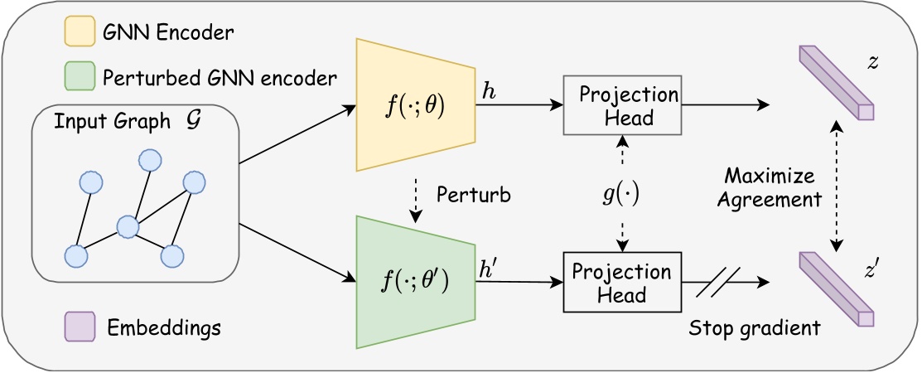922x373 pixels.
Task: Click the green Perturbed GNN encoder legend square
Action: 77,79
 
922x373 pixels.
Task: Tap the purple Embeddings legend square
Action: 77,327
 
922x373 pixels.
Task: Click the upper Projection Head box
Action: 621,105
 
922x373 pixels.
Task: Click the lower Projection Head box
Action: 621,283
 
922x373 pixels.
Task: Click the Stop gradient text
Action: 754,327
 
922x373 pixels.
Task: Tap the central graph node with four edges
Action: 127,225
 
